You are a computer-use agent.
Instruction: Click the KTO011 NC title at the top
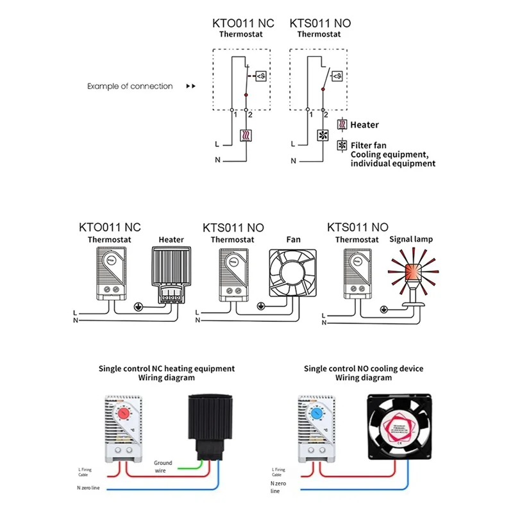tap(243, 23)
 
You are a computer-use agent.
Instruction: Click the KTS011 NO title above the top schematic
tap(320, 23)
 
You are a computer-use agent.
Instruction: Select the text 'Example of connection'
tap(130, 86)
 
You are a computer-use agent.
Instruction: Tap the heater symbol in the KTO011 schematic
tap(246, 135)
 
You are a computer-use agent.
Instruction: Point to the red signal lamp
tap(410, 269)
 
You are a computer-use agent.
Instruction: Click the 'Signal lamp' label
tap(411, 239)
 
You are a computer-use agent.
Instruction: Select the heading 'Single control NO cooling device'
tap(363, 369)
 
